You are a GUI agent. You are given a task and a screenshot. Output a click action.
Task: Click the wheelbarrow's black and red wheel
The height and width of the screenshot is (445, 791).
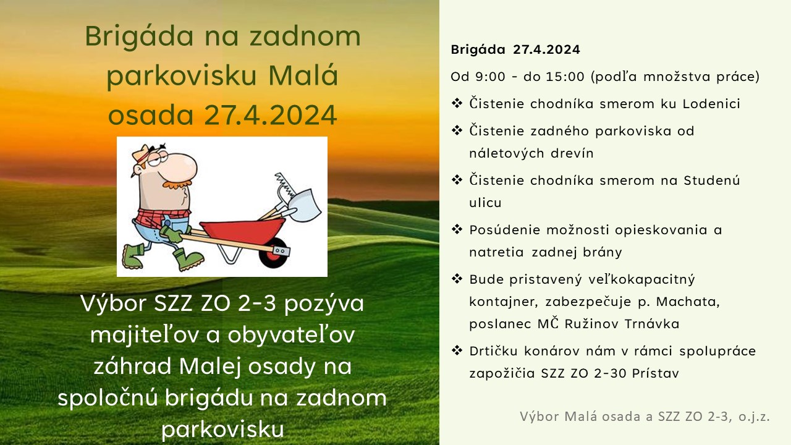tap(273, 253)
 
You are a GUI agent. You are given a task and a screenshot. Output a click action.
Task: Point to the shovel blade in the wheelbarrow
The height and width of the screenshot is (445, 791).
tap(305, 205)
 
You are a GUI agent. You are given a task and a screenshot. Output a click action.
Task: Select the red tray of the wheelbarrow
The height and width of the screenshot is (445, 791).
tap(243, 231)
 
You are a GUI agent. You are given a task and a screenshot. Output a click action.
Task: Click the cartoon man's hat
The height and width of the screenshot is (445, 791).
tap(144, 155)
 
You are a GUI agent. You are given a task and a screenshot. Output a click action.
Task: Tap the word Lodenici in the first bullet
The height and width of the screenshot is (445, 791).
tap(711, 104)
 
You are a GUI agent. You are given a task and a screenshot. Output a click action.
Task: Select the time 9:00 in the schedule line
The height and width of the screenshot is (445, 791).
tap(491, 77)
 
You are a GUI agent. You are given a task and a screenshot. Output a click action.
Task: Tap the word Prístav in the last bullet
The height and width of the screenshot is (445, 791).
tap(656, 373)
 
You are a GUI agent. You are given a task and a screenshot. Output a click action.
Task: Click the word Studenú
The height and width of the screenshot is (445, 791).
tap(711, 180)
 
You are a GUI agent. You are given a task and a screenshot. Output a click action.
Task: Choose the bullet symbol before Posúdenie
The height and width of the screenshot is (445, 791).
tap(457, 229)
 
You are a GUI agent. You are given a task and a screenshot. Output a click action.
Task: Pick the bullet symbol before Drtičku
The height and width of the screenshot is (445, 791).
tap(457, 350)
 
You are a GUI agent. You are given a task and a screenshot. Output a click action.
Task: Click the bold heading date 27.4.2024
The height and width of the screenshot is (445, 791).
tap(546, 49)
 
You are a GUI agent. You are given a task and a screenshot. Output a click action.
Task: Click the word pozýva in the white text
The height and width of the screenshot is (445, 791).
tap(324, 304)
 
